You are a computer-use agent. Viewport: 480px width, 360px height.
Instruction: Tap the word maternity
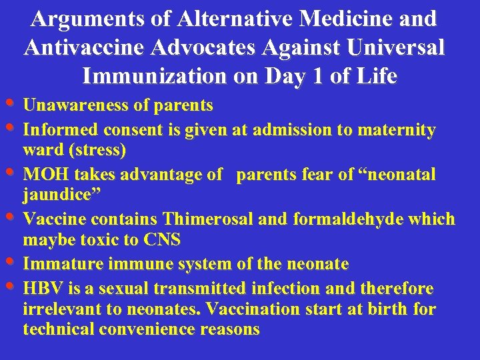tap(397, 129)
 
